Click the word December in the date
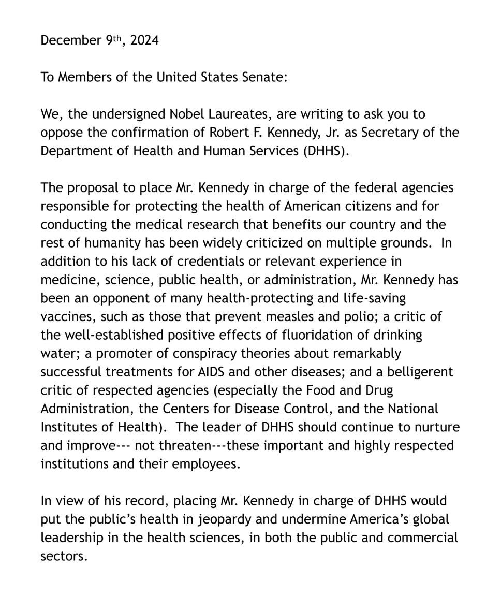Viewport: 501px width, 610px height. click(x=69, y=40)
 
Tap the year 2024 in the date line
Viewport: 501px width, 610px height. click(x=144, y=40)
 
